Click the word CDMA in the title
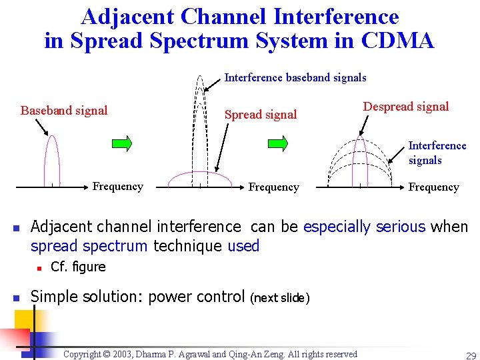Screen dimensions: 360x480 tap(398, 40)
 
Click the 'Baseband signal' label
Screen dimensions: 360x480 tap(64, 111)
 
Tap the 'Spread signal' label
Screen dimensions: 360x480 tap(261, 115)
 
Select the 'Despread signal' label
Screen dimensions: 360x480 tap(405, 107)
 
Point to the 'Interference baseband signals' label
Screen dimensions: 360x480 tap(295, 78)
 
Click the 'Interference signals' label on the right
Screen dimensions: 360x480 tap(437, 153)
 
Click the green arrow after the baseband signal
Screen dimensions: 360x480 tap(121, 143)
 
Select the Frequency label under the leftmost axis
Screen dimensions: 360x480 tap(117, 187)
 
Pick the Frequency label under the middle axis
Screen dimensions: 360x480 tap(273, 187)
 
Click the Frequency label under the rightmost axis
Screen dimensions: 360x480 tap(433, 187)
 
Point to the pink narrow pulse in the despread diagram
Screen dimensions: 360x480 tap(360, 160)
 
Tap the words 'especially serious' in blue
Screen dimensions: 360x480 tap(364, 227)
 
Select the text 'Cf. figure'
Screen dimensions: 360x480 tap(78, 267)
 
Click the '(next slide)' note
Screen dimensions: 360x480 tap(279, 298)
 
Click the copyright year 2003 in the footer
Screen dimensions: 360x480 tap(128, 355)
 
